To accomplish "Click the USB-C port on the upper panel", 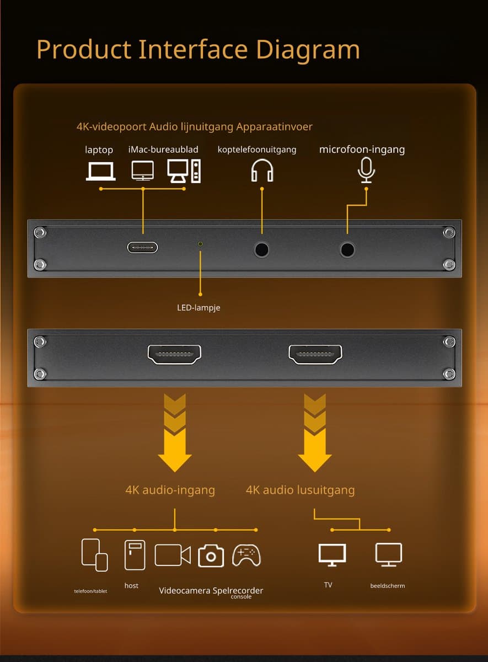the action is coord(142,247).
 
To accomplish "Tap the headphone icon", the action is coord(262,170).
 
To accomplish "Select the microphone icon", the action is coord(366,170).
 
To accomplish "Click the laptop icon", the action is coord(100,171).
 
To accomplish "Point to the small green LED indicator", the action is coord(200,244).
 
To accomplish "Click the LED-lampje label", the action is coord(199,308).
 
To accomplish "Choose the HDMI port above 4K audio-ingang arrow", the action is coord(174,354).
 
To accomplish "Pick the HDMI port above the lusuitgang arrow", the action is coord(315,354).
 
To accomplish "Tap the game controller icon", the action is coord(246,556).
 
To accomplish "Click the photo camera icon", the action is coord(211,556).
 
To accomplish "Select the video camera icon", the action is coord(173,555).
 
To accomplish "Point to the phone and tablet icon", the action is coord(94,555).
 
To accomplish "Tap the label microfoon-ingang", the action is coord(362,150).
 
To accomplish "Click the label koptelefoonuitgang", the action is coord(257,150).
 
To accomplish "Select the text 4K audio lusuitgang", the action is coord(301,490).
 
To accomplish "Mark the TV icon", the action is coord(332,555).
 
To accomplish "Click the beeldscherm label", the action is coord(388,586).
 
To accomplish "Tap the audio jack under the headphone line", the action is coord(261,249).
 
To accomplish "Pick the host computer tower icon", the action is coord(135,555).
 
